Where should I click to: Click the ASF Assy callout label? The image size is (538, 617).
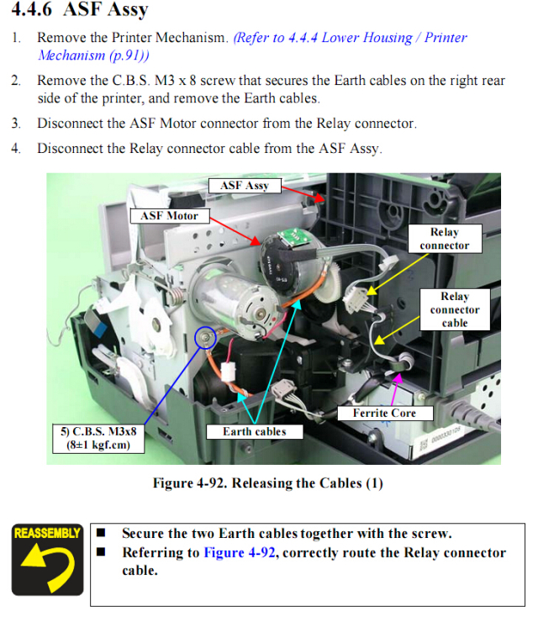245,185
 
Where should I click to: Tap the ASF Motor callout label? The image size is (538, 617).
170,216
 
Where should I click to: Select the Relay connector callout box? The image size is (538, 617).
445,239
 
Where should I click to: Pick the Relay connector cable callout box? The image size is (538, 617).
455,309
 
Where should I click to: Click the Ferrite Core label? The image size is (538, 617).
384,413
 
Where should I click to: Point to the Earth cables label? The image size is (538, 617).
255,431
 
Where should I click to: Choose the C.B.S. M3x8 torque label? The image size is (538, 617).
98,438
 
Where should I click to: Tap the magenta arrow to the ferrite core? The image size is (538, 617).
395,389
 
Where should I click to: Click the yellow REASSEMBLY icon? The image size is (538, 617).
48,559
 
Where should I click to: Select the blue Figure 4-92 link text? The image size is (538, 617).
240,552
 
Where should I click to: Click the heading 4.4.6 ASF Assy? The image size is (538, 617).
80,9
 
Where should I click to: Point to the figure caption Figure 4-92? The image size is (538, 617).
268,483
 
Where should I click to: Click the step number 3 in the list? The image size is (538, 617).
15,124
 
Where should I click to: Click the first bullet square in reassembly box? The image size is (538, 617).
101,533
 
